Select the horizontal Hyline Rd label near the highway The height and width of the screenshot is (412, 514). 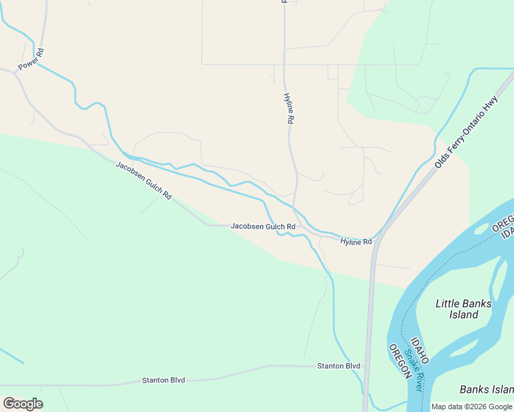[356, 242]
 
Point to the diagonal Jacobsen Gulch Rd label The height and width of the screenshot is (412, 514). [143, 181]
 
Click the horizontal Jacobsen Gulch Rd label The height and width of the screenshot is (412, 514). [263, 226]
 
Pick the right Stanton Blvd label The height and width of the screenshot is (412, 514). [338, 366]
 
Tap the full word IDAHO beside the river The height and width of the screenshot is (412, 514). [420, 351]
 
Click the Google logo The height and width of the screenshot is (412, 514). [23, 404]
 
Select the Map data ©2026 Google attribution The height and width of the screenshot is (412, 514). [471, 407]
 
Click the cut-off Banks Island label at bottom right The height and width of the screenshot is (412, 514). [487, 390]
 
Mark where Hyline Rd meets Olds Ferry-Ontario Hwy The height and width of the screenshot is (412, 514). [377, 237]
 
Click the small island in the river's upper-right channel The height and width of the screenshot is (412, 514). [480, 228]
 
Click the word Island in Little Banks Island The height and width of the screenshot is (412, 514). [464, 314]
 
